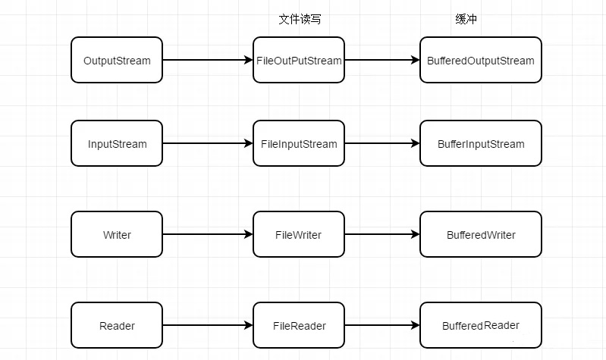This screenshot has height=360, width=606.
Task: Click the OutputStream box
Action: tap(117, 60)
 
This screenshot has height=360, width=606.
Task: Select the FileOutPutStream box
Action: tap(299, 60)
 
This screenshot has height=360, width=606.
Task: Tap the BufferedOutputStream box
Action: tap(481, 60)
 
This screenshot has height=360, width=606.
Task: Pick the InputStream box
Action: tap(117, 143)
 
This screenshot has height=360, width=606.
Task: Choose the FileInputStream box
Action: tap(299, 143)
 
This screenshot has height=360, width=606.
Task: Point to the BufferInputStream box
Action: tap(481, 143)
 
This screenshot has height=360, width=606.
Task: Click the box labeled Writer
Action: tap(117, 234)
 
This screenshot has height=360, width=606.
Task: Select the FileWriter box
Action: tap(299, 234)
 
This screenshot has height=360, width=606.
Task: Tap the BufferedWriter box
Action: tap(481, 234)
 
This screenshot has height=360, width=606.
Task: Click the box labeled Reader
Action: tap(117, 325)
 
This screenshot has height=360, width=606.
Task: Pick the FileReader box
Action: tap(299, 325)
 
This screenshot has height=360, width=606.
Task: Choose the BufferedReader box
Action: tap(481, 325)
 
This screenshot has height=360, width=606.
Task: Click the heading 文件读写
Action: tap(300, 19)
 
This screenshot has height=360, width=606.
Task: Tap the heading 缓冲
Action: tap(466, 19)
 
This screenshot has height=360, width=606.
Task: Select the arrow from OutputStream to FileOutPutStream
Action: tap(208, 60)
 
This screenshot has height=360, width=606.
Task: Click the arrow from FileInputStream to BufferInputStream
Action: tap(382, 143)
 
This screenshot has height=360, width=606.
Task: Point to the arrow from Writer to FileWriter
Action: tap(208, 234)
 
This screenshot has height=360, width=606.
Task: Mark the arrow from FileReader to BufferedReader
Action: tap(382, 325)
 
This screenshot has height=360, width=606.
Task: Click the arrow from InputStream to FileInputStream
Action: tap(208, 143)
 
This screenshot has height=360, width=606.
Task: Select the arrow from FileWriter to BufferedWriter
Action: tap(382, 234)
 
